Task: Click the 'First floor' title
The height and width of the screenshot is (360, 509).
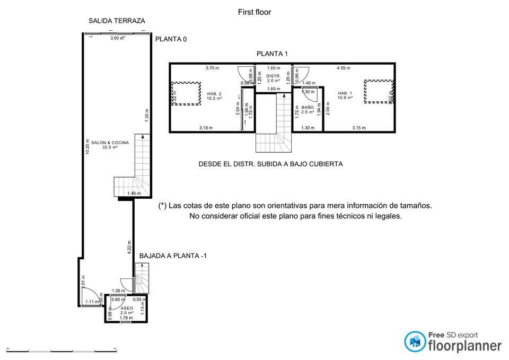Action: pos(254,12)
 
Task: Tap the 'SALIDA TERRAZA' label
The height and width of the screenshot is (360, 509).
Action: pos(117,21)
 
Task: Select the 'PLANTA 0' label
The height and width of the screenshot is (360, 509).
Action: pos(171,39)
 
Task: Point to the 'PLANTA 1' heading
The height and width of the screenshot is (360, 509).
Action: pos(272,54)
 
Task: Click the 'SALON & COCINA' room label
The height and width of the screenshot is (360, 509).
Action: pos(110,143)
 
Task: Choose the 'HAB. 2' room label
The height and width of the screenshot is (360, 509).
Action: pos(214,93)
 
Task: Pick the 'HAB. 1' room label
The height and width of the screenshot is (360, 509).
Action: pos(345,93)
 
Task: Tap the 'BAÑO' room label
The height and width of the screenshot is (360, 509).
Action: pos(308,108)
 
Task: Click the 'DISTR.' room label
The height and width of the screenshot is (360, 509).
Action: pos(274,76)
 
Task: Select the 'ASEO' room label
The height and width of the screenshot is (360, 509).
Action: pos(127,308)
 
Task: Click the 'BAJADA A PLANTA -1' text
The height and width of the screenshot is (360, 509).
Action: pos(173,256)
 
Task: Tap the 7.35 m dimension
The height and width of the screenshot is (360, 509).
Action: pos(147,116)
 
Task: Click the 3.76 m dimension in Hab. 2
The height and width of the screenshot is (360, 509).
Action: pos(212,68)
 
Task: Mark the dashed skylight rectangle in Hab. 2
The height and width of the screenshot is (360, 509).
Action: pos(186,94)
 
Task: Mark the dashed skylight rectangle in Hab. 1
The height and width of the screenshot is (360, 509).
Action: pos(379,92)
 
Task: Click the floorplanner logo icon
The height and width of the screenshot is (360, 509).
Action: pos(415,342)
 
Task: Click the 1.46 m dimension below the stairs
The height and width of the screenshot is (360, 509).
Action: pos(134,194)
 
